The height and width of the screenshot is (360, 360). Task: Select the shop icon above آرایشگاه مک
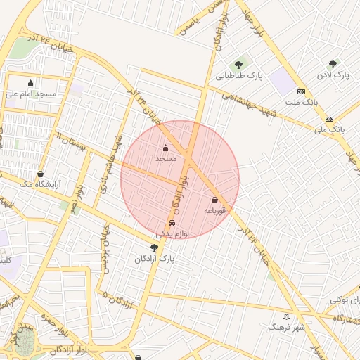pos(40,174)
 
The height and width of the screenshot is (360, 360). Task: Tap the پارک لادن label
pos(333,74)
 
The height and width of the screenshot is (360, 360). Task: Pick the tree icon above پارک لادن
pos(333,64)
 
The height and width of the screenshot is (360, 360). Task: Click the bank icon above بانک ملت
pos(301,91)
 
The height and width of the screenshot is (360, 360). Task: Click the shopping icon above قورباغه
pos(214,200)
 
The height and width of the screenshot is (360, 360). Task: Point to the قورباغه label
pos(214,210)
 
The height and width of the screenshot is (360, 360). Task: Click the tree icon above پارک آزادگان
pos(154,247)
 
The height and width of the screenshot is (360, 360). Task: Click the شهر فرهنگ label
pos(286,327)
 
